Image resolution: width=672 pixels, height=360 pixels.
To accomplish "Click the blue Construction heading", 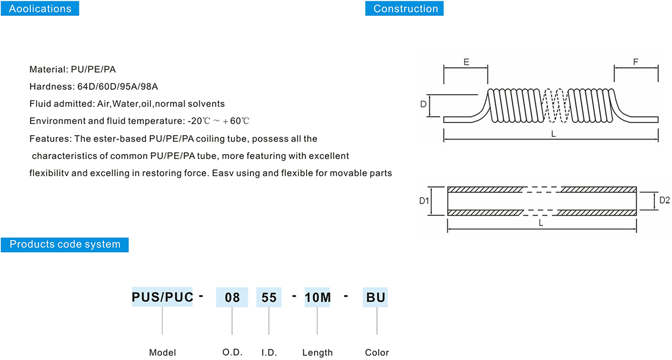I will click(x=405, y=9).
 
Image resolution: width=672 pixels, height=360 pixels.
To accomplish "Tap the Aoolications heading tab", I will click(x=40, y=9).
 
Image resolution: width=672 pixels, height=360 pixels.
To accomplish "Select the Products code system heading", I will click(x=65, y=244).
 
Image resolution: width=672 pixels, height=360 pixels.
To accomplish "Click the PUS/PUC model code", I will click(x=163, y=298).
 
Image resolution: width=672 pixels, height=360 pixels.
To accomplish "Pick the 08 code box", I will click(x=232, y=298).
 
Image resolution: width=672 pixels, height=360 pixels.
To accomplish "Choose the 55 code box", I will click(x=269, y=298).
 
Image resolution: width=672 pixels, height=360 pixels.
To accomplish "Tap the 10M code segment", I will click(x=317, y=298).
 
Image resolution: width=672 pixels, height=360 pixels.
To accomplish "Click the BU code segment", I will click(x=375, y=298).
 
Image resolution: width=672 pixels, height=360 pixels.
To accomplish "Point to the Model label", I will click(x=163, y=353).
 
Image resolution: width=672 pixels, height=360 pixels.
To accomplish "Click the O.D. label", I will click(x=232, y=353).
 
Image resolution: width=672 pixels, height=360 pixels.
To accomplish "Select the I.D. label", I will click(x=269, y=353).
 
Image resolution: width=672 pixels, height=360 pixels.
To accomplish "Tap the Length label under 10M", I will click(x=318, y=353).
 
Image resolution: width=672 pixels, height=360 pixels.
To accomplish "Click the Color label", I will click(x=377, y=353).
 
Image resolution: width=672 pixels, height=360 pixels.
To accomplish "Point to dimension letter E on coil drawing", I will click(x=466, y=62).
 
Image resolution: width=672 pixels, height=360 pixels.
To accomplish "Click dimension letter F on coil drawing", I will click(x=635, y=62).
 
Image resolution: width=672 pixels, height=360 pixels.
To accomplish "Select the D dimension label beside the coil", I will click(x=423, y=105).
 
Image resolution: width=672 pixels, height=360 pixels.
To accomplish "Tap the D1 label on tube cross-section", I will click(x=425, y=200).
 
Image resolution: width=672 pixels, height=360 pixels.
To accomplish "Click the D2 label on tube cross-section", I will click(x=665, y=200).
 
